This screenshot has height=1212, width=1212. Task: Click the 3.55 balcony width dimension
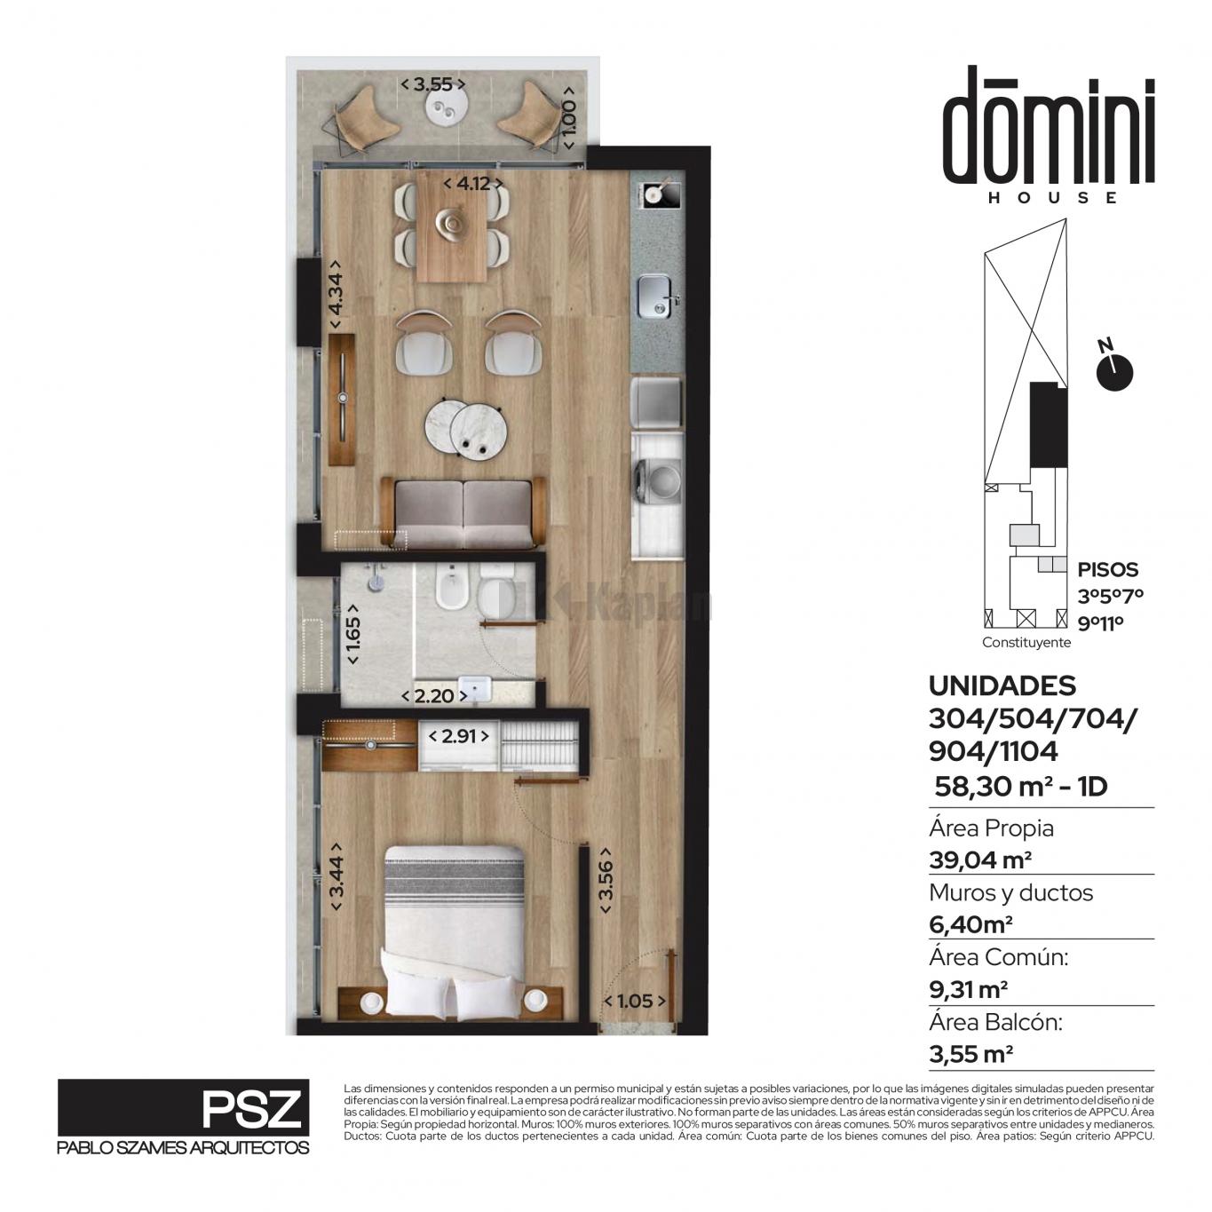tap(433, 84)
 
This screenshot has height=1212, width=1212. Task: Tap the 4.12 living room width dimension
tap(473, 184)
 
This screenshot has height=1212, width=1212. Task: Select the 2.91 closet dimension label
tap(458, 736)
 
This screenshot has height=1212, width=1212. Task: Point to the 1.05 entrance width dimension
tap(635, 1001)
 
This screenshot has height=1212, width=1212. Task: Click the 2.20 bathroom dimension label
tap(435, 696)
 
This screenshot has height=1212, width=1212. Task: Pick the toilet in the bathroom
tap(496, 589)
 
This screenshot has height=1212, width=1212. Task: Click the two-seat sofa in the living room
tap(463, 512)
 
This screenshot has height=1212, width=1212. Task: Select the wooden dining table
tap(452, 226)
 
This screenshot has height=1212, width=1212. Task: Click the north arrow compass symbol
tap(1113, 369)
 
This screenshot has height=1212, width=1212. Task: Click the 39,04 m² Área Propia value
tap(980, 859)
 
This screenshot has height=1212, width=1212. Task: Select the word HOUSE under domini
tap(1052, 197)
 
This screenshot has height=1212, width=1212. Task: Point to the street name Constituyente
tap(1026, 642)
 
